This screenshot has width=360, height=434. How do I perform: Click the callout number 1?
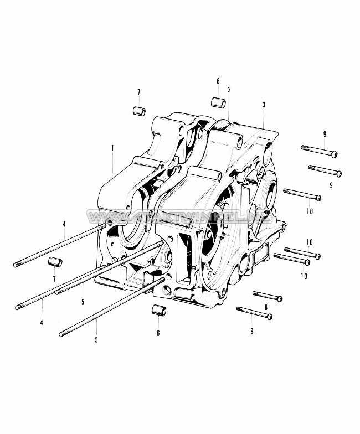click(x=112, y=148)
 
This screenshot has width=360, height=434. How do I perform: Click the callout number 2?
click(x=229, y=89)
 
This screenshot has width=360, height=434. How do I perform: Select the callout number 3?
click(x=264, y=105)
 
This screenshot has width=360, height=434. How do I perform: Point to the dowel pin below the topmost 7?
click(x=138, y=111)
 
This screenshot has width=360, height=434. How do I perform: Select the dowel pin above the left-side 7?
click(x=54, y=262)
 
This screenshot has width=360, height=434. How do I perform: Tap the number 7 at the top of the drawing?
click(x=138, y=92)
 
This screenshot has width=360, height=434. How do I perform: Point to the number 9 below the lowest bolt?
click(x=251, y=330)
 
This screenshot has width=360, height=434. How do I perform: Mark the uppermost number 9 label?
click(x=324, y=135)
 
